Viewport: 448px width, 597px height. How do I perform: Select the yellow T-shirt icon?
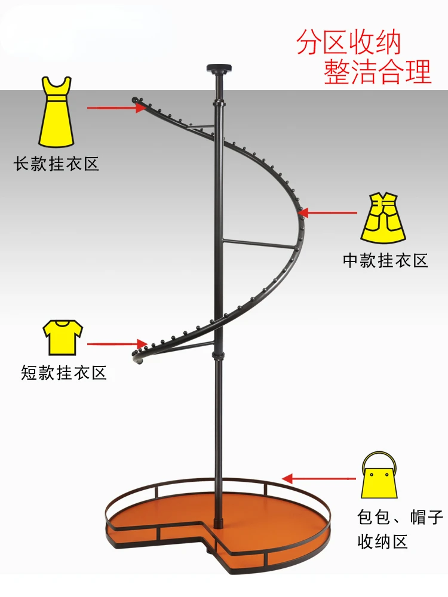62,337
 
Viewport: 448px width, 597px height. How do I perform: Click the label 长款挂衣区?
57,164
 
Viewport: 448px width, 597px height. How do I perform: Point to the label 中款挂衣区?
386,260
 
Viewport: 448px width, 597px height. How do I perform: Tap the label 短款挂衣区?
64,374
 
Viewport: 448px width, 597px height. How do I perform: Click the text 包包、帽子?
401,517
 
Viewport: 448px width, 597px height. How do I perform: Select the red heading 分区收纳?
349,44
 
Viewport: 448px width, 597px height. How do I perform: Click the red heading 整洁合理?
378,72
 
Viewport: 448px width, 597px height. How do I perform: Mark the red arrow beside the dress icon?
116,107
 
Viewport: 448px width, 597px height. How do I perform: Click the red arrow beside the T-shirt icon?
117,344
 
